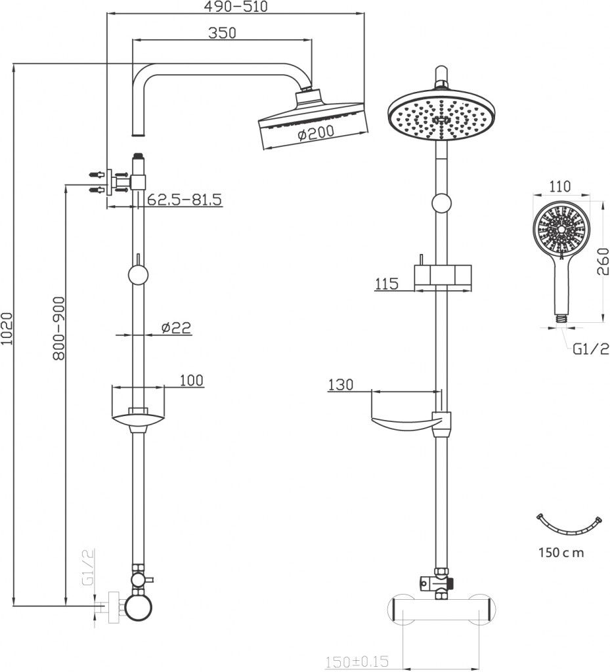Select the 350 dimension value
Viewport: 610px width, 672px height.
coord(222,33)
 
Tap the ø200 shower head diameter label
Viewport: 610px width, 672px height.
coord(315,133)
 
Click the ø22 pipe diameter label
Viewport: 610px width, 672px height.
coord(175,327)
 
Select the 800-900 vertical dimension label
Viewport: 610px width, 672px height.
coord(59,329)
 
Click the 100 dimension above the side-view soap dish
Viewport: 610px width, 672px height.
coord(190,380)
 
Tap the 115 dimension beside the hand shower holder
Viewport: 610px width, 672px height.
coord(387,284)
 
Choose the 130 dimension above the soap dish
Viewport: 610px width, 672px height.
coord(341,385)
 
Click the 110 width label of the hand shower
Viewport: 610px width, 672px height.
coord(559,186)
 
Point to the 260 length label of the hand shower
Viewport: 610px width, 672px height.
coord(601,262)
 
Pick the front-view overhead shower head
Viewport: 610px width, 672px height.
coord(442,115)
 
